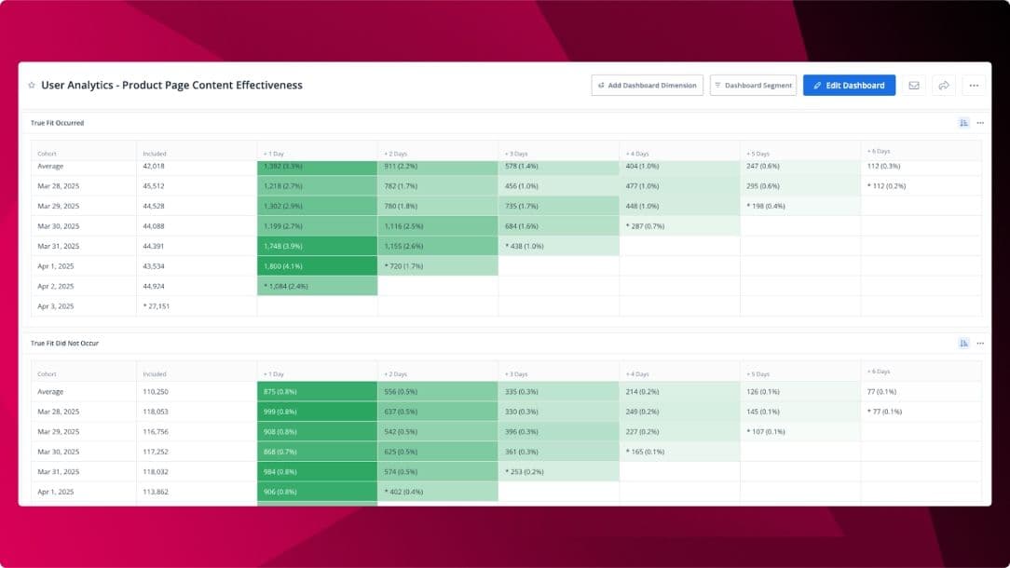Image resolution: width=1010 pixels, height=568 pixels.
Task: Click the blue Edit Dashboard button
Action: click(x=849, y=86)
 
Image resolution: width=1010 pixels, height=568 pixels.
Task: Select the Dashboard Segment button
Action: click(x=753, y=86)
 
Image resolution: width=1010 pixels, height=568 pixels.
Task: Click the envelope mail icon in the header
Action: click(x=913, y=86)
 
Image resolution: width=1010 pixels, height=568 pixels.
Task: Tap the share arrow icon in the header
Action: click(x=943, y=86)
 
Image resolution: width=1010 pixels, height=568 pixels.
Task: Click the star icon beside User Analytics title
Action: click(x=32, y=86)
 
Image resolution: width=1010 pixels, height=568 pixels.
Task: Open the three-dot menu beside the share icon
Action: click(x=974, y=86)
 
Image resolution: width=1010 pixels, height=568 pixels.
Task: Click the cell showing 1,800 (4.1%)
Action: click(x=317, y=266)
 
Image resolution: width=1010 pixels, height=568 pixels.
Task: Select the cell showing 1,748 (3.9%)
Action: click(x=317, y=246)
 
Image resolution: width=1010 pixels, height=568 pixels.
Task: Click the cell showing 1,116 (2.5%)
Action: click(x=437, y=226)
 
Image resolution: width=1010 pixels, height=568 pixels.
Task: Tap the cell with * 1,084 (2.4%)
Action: click(x=317, y=286)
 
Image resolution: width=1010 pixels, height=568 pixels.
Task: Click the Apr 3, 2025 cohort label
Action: click(x=56, y=306)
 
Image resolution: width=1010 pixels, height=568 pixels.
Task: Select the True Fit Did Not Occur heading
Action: click(x=64, y=344)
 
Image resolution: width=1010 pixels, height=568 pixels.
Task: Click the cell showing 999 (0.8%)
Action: click(x=317, y=412)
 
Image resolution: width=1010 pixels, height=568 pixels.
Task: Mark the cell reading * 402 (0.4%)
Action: click(x=437, y=492)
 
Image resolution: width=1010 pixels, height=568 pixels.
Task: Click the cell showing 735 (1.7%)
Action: click(x=558, y=206)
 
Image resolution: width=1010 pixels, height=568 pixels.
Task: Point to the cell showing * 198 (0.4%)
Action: click(x=799, y=206)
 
